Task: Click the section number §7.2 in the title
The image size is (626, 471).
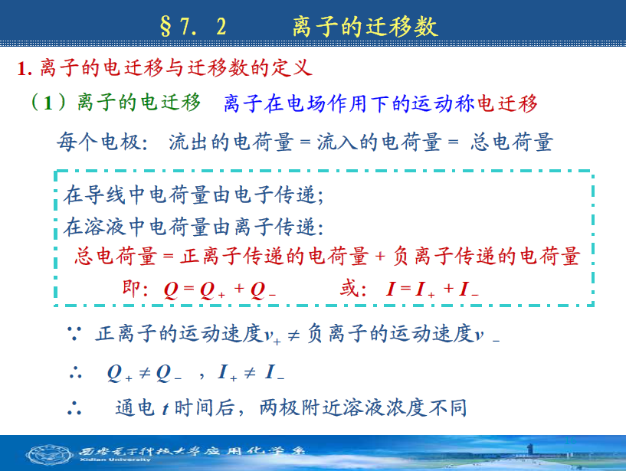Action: pos(193,27)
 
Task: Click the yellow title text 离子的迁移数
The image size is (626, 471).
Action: pos(365,27)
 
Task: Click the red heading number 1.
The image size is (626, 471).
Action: pos(24,69)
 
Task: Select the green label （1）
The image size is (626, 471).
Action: pos(49,102)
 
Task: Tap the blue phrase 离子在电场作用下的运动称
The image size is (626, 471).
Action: pos(349,103)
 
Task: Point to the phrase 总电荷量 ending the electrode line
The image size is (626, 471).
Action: pos(511,142)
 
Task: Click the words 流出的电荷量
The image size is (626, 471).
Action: pos(231,142)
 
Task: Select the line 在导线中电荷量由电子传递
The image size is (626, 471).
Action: pos(193,195)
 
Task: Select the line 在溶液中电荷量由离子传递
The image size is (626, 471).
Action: pos(193,227)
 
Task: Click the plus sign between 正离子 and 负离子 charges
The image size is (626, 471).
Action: pos(380,256)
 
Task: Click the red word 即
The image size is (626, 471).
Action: pos(131,288)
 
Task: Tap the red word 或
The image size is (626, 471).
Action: pos(349,288)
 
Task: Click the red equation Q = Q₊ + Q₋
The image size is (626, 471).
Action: pos(220,289)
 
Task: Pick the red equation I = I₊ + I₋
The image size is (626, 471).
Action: pos(432,289)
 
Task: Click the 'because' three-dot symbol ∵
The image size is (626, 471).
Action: pos(74,334)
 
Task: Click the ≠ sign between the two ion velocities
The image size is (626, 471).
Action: pos(293,335)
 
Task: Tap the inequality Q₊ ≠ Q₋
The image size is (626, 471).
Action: pos(145,373)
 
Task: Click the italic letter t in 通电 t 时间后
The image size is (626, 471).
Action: pos(165,409)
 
